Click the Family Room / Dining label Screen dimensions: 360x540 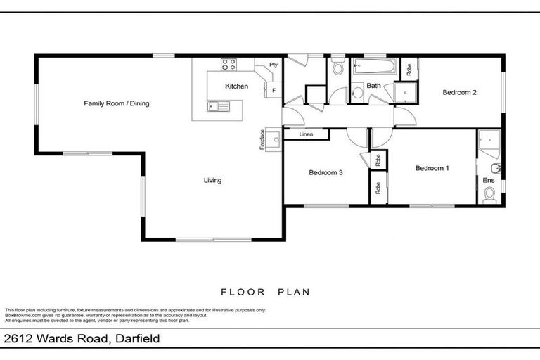[117, 103]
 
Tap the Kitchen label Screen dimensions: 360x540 [236, 86]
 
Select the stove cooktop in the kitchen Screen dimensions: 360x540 [229, 65]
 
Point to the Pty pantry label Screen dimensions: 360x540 [274, 65]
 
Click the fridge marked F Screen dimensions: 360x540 [274, 89]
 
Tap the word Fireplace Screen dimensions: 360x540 [262, 139]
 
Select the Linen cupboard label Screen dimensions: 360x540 [306, 134]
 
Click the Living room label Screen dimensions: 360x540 [212, 180]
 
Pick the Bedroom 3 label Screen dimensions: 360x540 [326, 172]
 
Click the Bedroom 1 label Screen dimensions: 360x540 [432, 168]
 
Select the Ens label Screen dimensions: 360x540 [489, 181]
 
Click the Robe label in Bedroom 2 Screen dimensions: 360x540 [409, 69]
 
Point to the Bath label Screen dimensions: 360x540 [373, 86]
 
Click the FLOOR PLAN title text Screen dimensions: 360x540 [265, 291]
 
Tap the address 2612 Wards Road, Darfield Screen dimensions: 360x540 [82, 338]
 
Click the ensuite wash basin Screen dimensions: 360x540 [495, 167]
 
